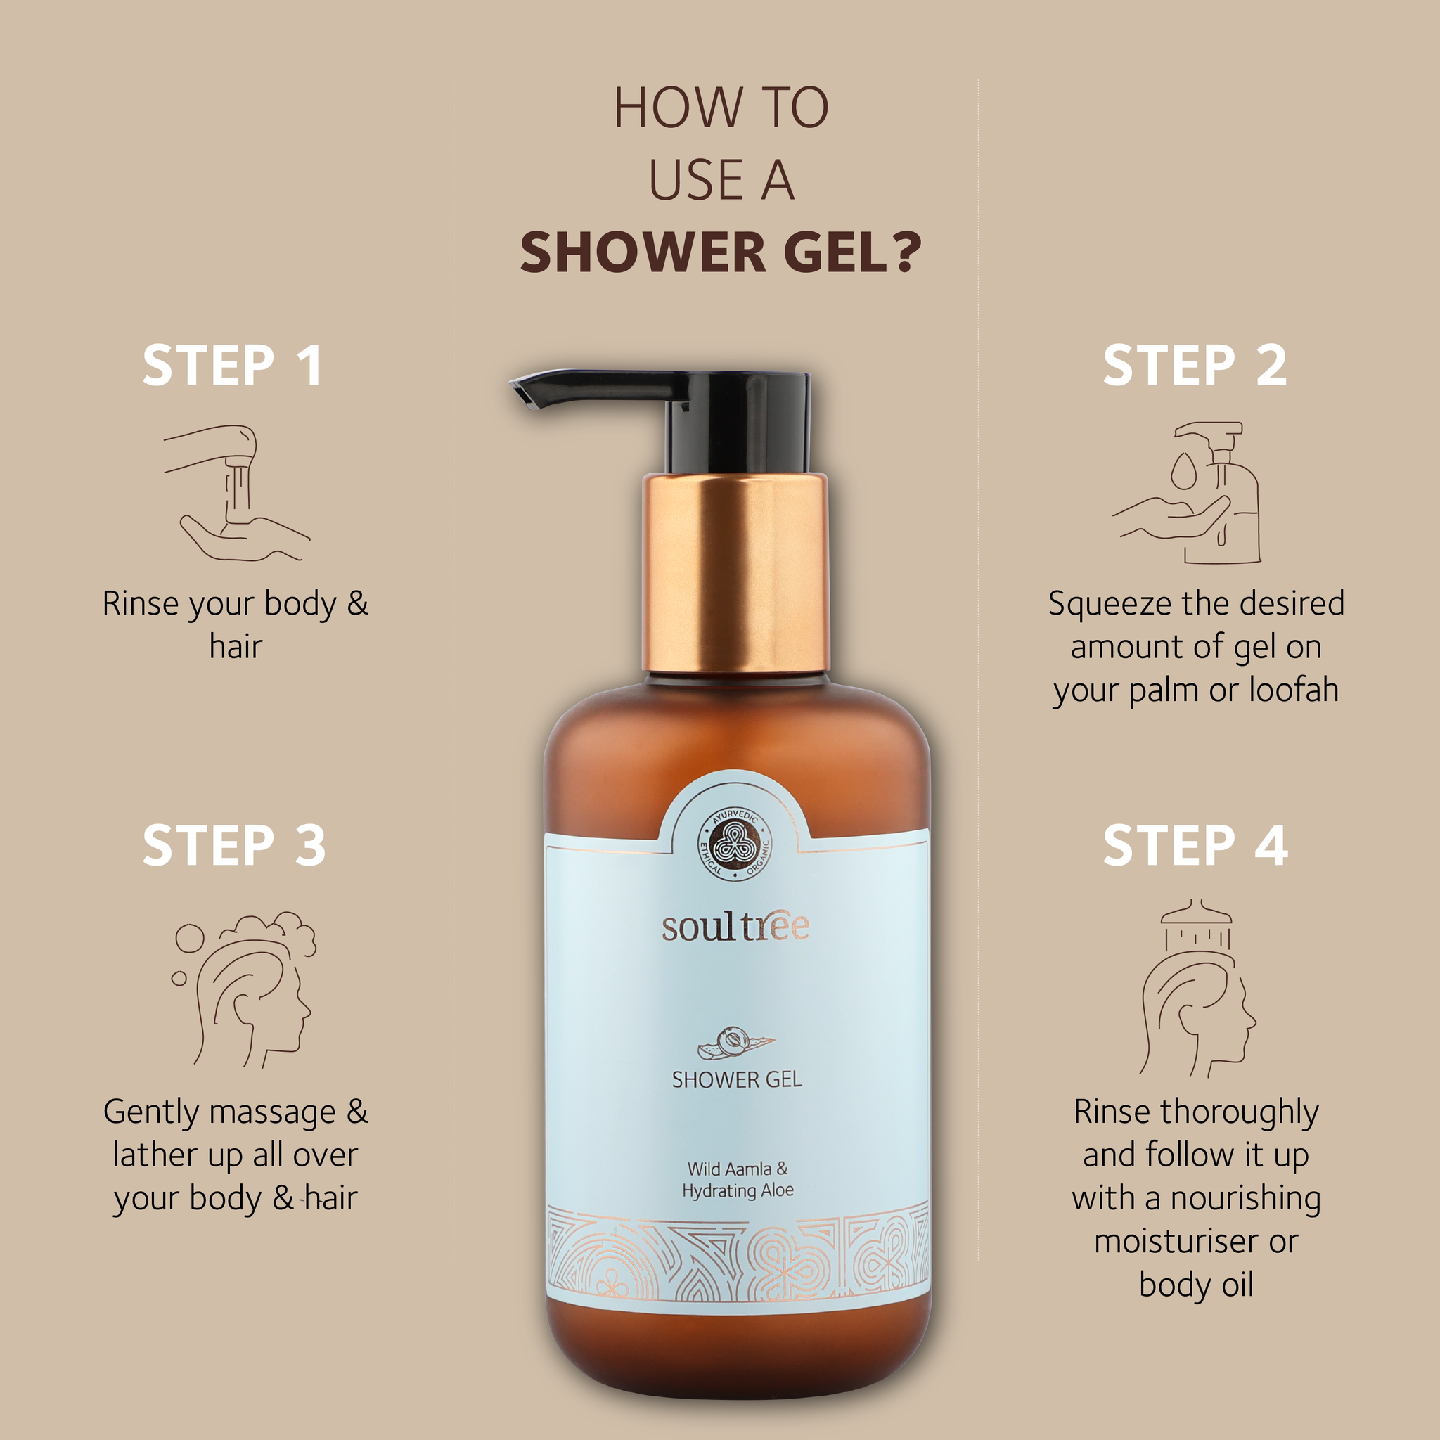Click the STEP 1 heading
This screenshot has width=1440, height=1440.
pyautogui.click(x=233, y=365)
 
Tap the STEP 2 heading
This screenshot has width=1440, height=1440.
pyautogui.click(x=1195, y=365)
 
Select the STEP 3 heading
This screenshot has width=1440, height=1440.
pyautogui.click(x=234, y=845)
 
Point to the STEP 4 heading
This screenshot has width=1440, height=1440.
pyautogui.click(x=1195, y=845)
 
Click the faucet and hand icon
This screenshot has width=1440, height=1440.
pyautogui.click(x=237, y=494)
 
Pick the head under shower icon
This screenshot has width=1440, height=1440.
pyautogui.click(x=1197, y=989)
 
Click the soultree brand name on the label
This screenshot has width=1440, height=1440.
pyautogui.click(x=735, y=927)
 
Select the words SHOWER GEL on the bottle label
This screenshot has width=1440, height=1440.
pyautogui.click(x=736, y=1079)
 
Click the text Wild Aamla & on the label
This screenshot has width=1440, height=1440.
pyautogui.click(x=737, y=1168)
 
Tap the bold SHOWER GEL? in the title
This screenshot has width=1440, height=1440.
pyautogui.click(x=721, y=252)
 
